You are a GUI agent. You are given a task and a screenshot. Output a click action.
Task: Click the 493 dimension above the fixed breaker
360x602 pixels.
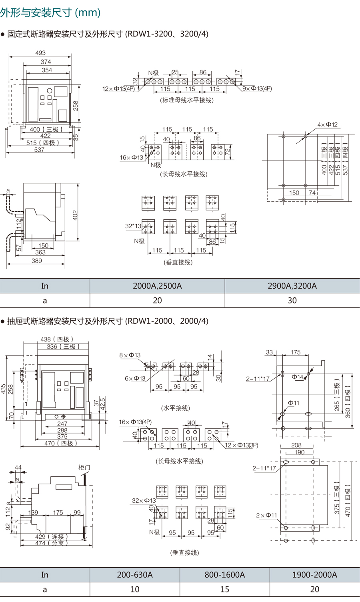point(40,53)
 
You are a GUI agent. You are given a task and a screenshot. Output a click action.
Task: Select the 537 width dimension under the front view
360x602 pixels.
point(39,150)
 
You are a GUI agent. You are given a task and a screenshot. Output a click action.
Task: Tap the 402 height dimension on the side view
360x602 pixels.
point(75,215)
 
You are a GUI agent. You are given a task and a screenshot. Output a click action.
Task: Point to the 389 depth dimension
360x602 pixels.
point(37,261)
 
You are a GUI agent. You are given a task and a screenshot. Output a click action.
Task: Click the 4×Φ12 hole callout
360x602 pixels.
point(328,124)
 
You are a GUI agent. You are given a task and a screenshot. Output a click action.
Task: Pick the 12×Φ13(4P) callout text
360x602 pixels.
point(119,89)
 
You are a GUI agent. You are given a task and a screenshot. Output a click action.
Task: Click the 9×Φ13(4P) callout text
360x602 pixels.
point(257,88)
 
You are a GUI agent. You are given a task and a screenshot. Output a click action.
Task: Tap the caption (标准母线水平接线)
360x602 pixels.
point(187,100)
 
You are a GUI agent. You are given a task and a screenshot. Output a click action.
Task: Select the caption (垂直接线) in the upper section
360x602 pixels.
point(178,262)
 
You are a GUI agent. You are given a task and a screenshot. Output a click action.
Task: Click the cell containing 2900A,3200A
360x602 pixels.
point(292,286)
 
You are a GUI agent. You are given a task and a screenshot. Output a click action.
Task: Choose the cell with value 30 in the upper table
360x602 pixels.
point(292,301)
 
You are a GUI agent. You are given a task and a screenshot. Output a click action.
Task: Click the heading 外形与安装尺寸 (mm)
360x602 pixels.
point(50,12)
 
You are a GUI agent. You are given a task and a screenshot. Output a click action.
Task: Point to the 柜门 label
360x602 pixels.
point(84,467)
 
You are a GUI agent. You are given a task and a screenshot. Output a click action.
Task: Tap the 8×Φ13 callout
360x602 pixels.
point(130,355)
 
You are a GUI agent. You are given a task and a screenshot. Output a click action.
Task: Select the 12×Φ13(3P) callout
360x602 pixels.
point(242,445)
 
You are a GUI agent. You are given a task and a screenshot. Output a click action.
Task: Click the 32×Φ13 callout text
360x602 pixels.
point(144,500)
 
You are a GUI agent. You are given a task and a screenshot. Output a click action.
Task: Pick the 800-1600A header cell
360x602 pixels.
point(225,575)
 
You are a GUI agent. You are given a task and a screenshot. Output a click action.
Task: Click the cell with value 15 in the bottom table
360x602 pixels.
point(225,590)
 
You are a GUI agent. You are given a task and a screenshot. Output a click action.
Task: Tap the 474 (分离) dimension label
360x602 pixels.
point(52,543)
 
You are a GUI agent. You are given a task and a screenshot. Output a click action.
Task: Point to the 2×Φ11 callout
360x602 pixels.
point(266,515)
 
